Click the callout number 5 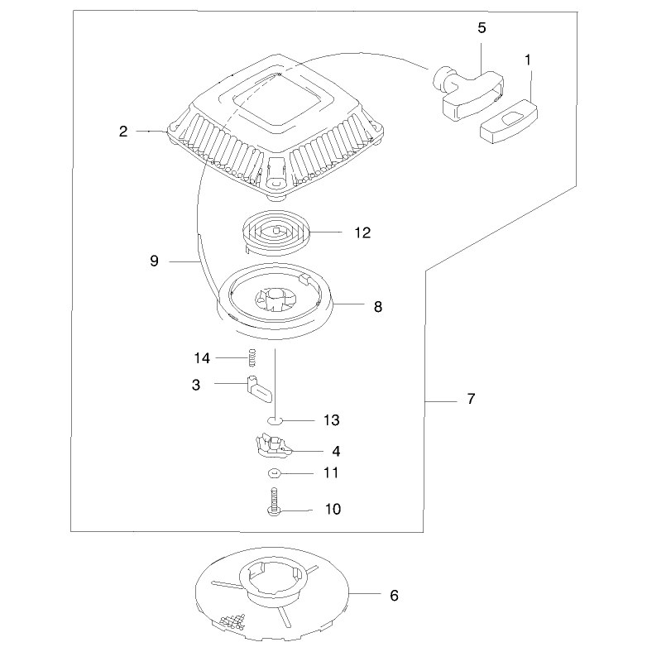(x=482, y=28)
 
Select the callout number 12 (x=362, y=232)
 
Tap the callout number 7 (x=472, y=399)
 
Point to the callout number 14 (x=202, y=358)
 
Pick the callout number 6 (x=394, y=596)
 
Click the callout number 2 (x=123, y=132)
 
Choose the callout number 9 (x=154, y=261)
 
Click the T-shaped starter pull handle (x=467, y=92)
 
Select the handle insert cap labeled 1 (x=508, y=122)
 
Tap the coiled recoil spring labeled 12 (x=276, y=232)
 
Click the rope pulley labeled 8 (x=275, y=301)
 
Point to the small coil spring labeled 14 (x=252, y=357)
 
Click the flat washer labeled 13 (x=275, y=420)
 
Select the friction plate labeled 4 (x=273, y=446)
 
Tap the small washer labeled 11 (x=275, y=473)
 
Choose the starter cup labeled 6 (x=272, y=593)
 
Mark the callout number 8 (x=378, y=307)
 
